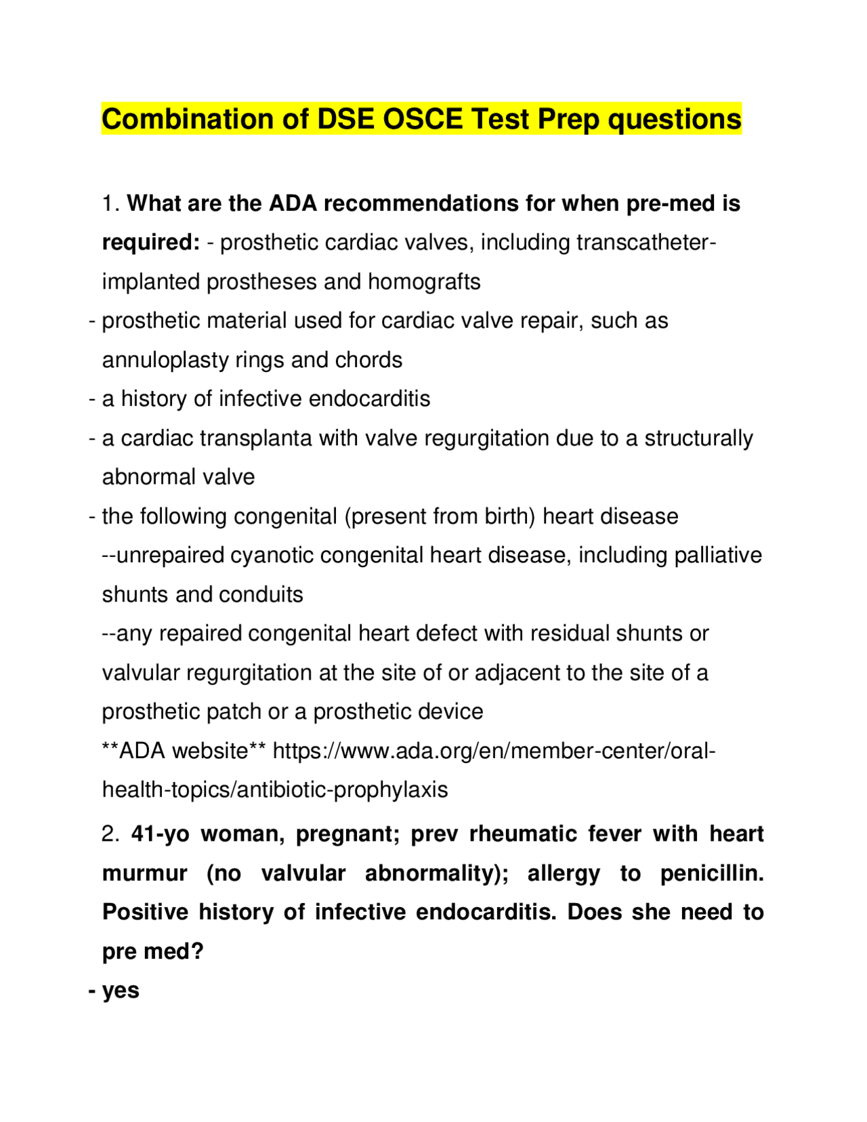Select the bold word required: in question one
coord(151,243)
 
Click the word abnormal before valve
coord(143,477)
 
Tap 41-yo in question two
coord(161,834)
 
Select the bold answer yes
coord(121,991)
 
